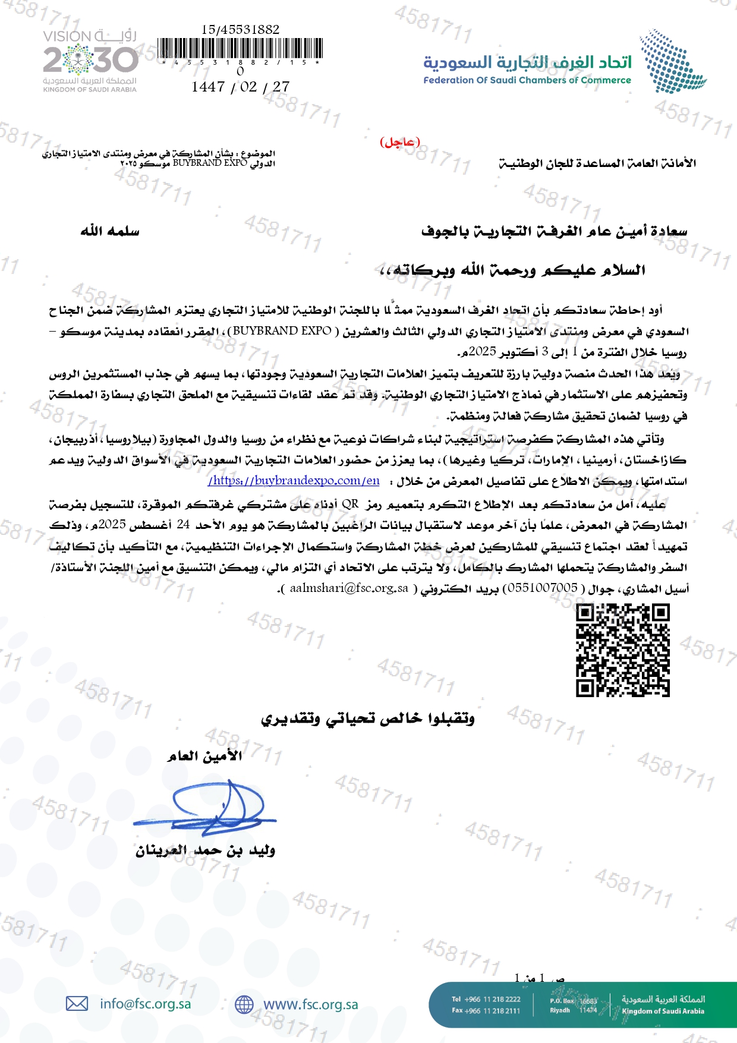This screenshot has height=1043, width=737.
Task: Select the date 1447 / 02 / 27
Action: click(x=241, y=87)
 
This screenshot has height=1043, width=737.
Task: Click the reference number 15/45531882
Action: click(x=241, y=29)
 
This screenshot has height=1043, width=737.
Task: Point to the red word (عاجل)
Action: click(x=399, y=142)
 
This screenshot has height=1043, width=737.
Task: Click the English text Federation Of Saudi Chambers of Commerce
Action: click(x=527, y=80)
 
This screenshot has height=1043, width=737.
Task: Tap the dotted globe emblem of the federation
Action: click(x=672, y=62)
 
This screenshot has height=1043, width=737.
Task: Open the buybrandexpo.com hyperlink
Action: click(x=294, y=481)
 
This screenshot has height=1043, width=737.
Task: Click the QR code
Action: click(x=622, y=650)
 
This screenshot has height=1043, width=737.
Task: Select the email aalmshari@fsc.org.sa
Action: click(x=349, y=588)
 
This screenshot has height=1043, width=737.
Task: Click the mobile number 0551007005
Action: click(x=540, y=588)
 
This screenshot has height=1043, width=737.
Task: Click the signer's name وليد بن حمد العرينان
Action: click(x=205, y=851)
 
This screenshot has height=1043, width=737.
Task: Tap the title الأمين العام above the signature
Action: click(x=205, y=757)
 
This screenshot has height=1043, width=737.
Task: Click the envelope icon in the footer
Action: click(x=77, y=1004)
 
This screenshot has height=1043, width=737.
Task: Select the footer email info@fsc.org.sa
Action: click(x=146, y=1004)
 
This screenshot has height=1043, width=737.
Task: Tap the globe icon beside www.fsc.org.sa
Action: click(x=244, y=1004)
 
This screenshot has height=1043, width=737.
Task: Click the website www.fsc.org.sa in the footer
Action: click(x=310, y=1004)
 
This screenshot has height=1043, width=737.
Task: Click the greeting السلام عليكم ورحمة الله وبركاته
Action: click(x=512, y=271)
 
